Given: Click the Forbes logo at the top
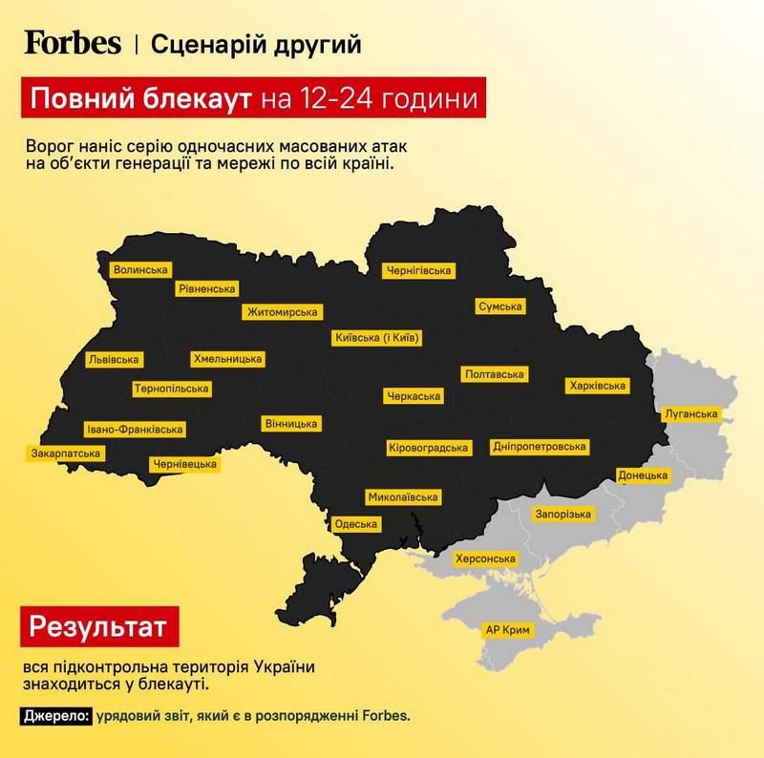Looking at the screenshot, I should tap(73, 43).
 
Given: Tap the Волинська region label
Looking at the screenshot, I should tap(140, 270).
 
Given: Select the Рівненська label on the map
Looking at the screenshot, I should tap(207, 289).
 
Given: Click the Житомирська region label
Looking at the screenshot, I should tap(282, 312).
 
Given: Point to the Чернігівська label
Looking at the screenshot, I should tap(417, 271).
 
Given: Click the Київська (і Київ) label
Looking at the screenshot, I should tap(378, 338).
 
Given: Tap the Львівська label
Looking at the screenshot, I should tap(113, 360).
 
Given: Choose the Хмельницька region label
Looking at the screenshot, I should tap(227, 359).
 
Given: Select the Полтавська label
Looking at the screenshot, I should tap(495, 375).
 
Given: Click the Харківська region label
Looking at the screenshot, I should tap(596, 386).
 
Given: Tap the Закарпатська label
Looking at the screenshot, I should tap(66, 452).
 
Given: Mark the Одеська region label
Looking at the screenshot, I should tap(356, 524).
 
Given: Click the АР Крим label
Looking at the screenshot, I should tap(507, 632).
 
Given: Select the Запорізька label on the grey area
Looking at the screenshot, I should tap(564, 514).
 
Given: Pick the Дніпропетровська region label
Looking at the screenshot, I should tap(540, 447).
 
